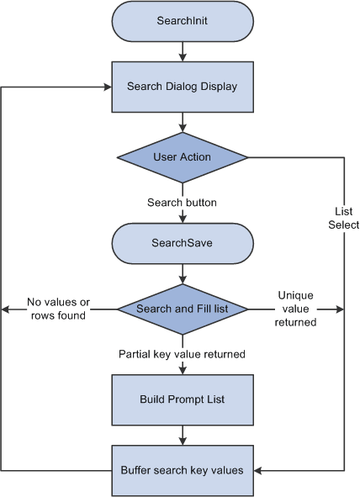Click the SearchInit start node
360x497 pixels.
[x=183, y=21]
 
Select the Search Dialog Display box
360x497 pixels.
[x=183, y=86]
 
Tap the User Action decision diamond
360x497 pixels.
[x=183, y=157]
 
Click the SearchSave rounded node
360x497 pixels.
[x=183, y=242]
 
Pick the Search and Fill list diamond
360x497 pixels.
[x=183, y=309]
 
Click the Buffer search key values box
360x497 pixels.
[x=183, y=470]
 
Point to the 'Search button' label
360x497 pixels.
[x=183, y=203]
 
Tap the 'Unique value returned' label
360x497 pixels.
[x=295, y=309]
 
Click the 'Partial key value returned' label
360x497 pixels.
[x=183, y=354]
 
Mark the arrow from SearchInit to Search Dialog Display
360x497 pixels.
[x=183, y=51]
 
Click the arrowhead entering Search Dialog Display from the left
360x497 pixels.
[x=108, y=87]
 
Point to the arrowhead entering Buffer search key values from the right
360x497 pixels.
[x=258, y=470]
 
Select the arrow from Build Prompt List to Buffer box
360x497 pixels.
[x=183, y=435]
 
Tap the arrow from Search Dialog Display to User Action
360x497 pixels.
[x=183, y=121]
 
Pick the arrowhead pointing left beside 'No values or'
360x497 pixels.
[x=5, y=309]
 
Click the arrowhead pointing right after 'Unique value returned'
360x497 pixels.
[x=340, y=309]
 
